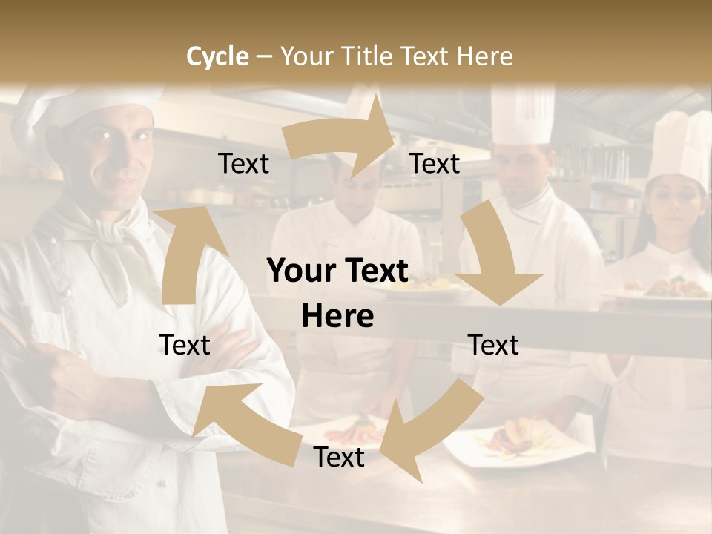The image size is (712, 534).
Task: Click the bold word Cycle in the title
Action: (217, 56)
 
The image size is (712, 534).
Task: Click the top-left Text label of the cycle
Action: (243, 164)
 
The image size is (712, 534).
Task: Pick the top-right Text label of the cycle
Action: (435, 164)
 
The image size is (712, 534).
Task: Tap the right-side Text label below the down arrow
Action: (493, 345)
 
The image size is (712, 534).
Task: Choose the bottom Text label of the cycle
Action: (339, 458)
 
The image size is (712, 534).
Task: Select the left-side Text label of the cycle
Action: (185, 345)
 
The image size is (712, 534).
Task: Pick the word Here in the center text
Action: (337, 317)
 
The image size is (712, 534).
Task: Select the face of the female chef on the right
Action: (675, 211)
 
